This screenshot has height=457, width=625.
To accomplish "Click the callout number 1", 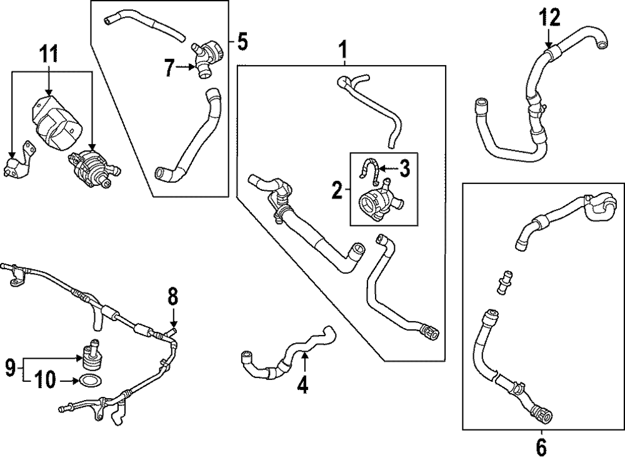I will pos(342,48).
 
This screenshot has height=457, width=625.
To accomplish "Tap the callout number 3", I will pos(404,167).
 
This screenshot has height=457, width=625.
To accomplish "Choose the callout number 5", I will pos(242,43).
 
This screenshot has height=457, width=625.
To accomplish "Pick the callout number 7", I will pos(169,68).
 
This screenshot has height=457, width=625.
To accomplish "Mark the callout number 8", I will pos(173,295).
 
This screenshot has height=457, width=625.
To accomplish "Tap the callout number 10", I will pos(47,379).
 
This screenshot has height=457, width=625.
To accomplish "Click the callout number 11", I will pos(49,54).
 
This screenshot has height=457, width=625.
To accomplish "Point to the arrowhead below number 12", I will pos(549,45).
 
